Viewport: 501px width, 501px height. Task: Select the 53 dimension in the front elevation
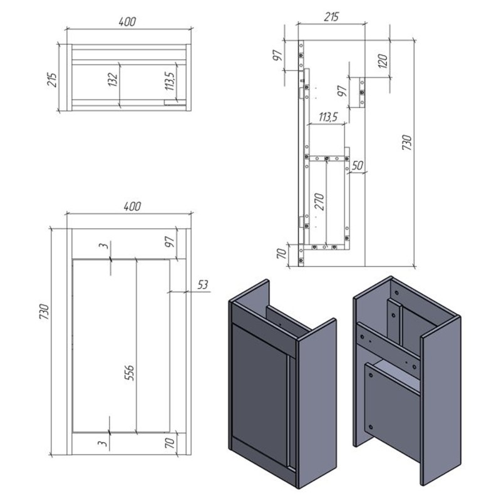(202, 285)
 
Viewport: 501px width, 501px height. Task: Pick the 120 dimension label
(383, 61)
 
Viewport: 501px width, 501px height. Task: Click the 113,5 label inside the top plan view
(172, 80)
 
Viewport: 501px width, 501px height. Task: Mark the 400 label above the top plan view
(127, 21)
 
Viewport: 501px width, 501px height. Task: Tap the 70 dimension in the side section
(282, 254)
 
